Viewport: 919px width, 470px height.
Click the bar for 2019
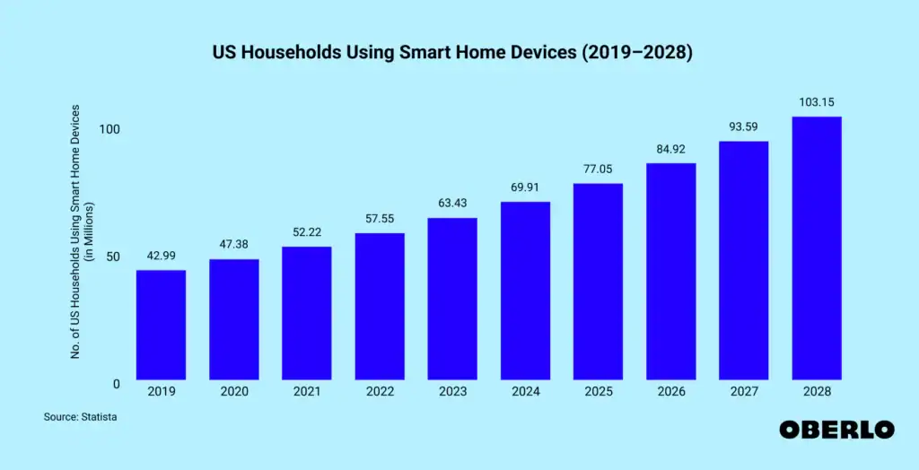click(161, 324)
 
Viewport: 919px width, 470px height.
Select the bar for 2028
click(816, 248)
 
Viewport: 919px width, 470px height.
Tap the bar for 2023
click(452, 298)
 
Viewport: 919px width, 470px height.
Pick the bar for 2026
click(670, 271)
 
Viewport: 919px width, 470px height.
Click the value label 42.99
click(161, 255)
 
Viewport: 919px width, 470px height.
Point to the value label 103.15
click(816, 102)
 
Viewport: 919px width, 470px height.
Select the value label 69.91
click(525, 187)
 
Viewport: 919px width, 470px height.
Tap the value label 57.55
click(380, 218)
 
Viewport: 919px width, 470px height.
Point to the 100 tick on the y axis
click(109, 129)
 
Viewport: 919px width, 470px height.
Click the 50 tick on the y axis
click(113, 257)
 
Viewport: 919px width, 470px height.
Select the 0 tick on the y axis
click(117, 384)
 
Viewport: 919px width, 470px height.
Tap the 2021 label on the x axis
click(306, 392)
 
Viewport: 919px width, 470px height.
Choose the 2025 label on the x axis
click(598, 392)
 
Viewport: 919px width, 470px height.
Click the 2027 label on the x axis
click(743, 392)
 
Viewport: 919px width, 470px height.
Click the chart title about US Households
click(452, 53)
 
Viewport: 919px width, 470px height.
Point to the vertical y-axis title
click(82, 231)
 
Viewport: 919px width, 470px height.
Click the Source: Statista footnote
click(80, 417)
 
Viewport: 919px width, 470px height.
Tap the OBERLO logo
click(836, 430)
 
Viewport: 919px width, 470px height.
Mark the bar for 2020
click(233, 318)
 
